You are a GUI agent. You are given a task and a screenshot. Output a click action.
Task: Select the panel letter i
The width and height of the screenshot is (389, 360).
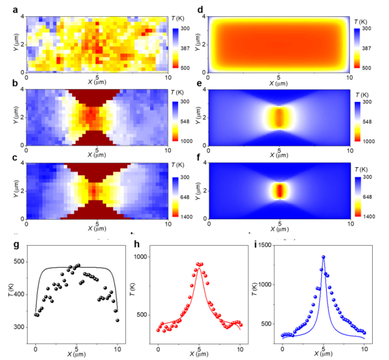point(258,244)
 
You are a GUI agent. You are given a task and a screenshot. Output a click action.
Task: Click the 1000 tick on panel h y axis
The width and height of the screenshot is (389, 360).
point(147,256)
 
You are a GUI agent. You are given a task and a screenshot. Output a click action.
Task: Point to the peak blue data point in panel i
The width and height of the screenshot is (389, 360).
point(324,257)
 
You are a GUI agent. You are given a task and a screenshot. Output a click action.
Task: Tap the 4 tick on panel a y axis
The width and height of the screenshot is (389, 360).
point(22,16)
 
